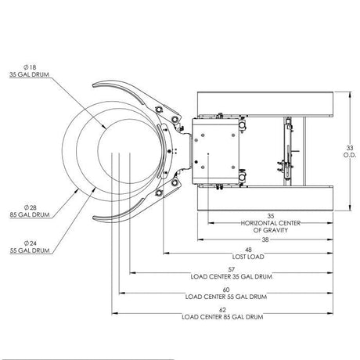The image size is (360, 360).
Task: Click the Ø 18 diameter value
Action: pos(30,67)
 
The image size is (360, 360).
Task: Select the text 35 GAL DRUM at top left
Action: pos(30,74)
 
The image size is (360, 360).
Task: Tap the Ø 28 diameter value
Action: pos(31,207)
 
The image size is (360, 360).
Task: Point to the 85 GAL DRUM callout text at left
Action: pos(30,214)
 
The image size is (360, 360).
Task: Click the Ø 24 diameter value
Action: pos(31,243)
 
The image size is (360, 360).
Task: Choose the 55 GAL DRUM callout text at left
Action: pos(30,250)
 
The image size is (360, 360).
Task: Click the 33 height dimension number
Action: pos(350,148)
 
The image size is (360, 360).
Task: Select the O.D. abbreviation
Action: pos(350,155)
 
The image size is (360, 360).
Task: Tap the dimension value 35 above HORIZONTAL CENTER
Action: pos(271,216)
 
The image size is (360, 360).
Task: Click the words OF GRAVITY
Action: pos(271,230)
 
